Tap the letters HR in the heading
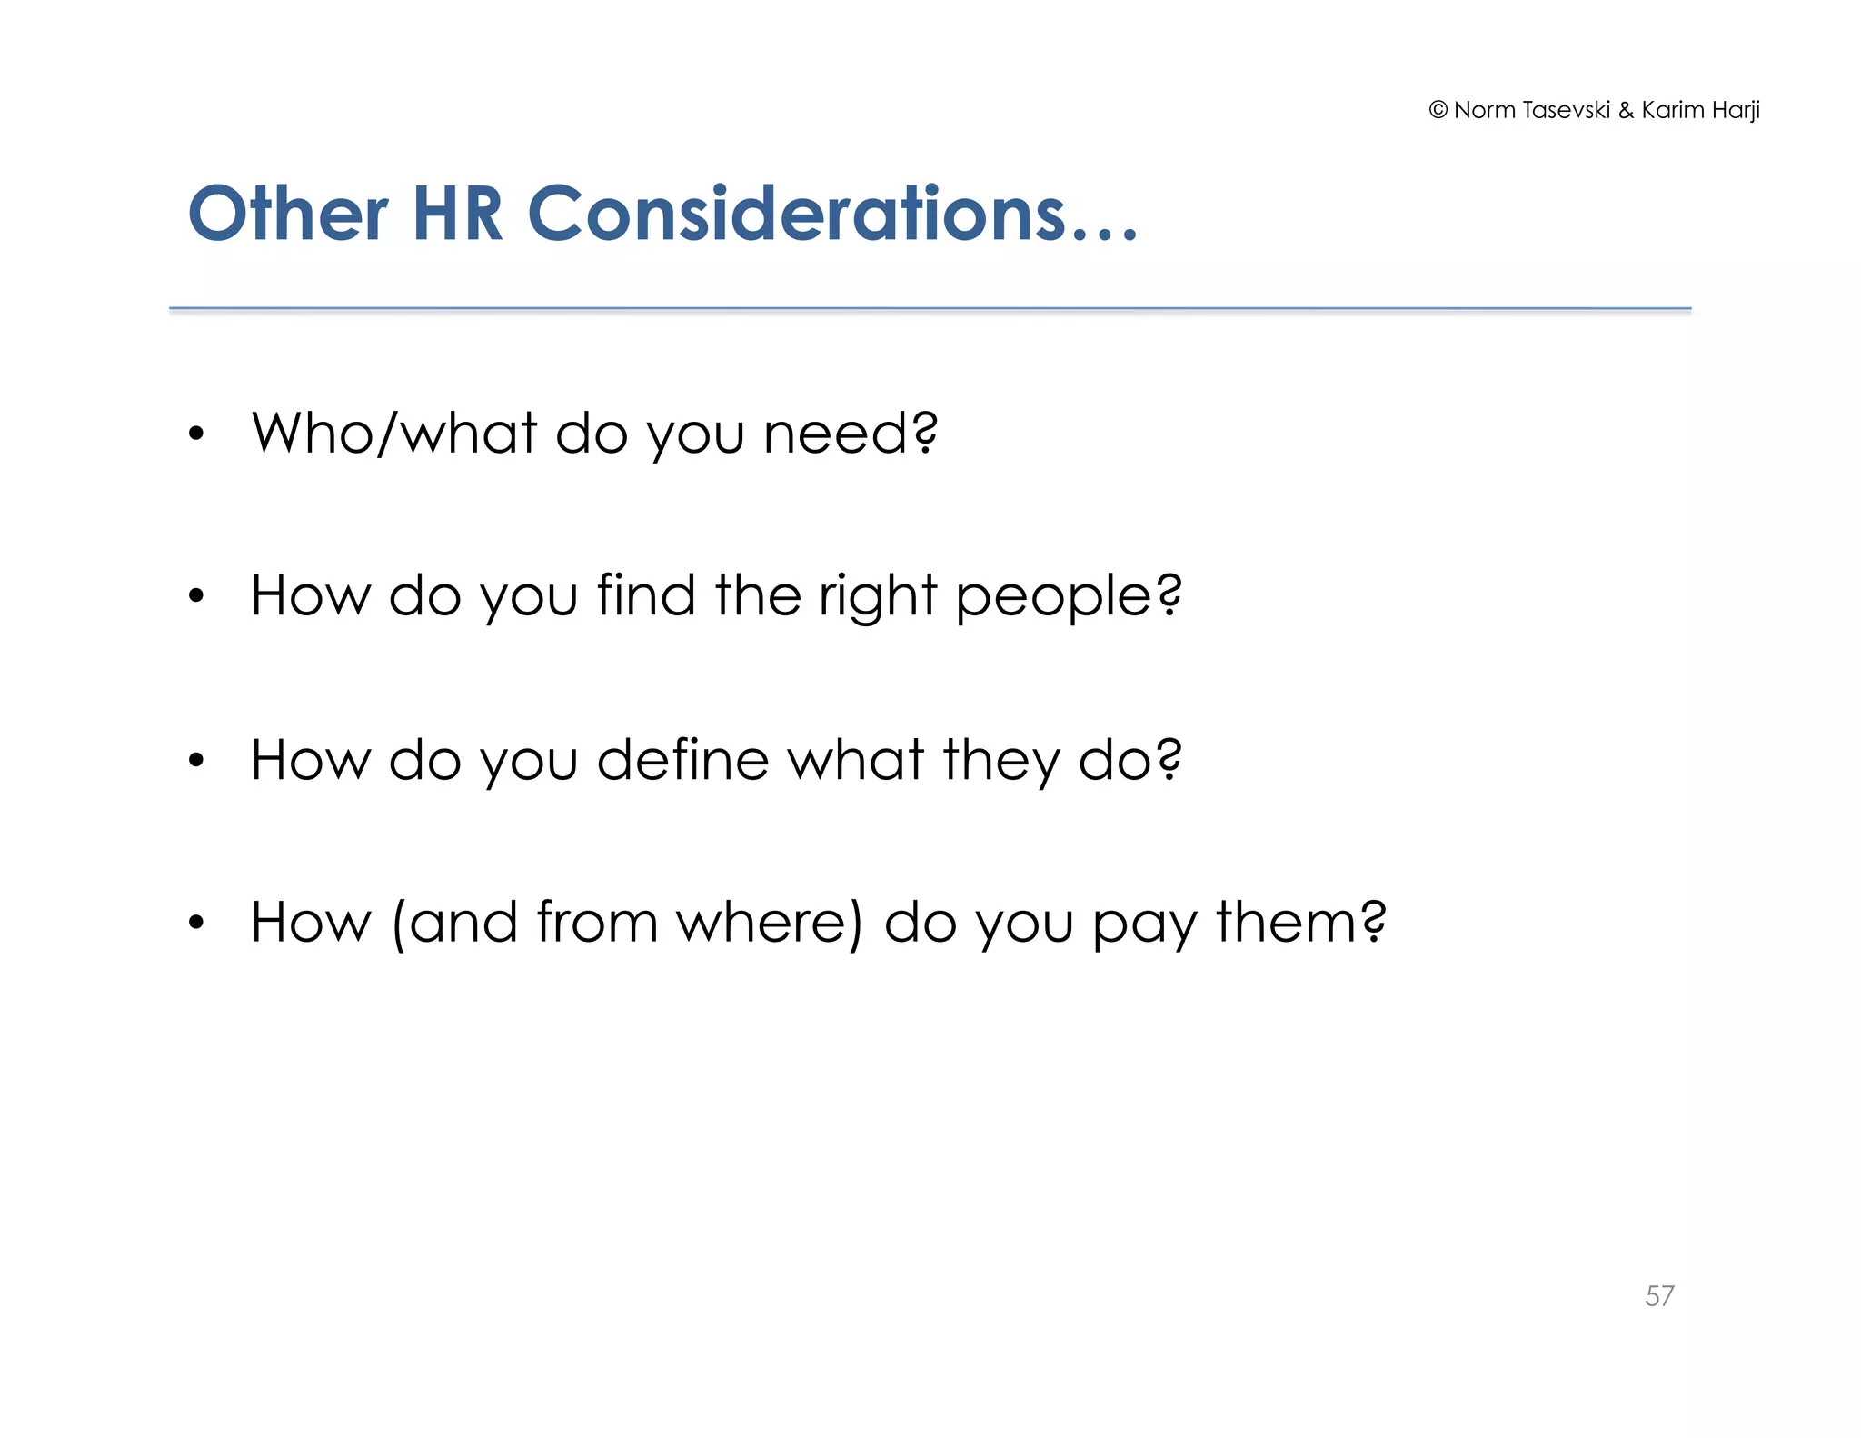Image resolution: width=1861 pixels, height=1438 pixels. pyautogui.click(x=457, y=215)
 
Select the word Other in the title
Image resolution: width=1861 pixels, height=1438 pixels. pyautogui.click(x=288, y=215)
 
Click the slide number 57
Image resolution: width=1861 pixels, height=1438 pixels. pyautogui.click(x=1659, y=1295)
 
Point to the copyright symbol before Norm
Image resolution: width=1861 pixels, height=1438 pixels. pyautogui.click(x=1438, y=110)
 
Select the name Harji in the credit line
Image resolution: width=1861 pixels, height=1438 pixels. pyautogui.click(x=1736, y=110)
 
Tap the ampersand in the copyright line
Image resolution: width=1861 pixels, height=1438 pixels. pyautogui.click(x=1626, y=111)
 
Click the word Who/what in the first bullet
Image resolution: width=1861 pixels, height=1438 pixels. pyautogui.click(x=394, y=433)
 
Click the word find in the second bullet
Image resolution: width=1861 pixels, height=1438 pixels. pyautogui.click(x=646, y=595)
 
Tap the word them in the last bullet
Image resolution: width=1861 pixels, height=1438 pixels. pyautogui.click(x=1287, y=923)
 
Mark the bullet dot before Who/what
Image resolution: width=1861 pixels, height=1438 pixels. pyautogui.click(x=196, y=434)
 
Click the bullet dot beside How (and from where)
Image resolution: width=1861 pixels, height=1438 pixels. pyautogui.click(x=196, y=924)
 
